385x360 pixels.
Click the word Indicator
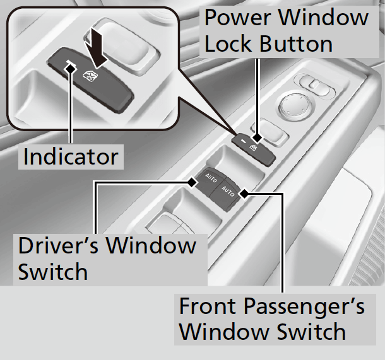click(x=70, y=157)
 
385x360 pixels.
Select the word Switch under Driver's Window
click(x=53, y=272)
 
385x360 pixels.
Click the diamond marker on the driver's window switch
click(x=193, y=182)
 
